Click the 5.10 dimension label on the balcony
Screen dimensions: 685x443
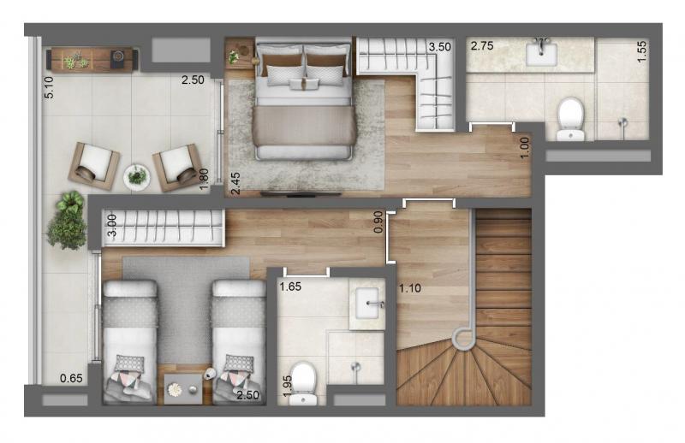[x=49, y=87]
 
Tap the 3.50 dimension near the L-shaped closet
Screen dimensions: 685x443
[x=439, y=47]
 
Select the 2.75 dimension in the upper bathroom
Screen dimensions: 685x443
[x=482, y=46]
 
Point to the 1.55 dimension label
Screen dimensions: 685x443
[x=641, y=51]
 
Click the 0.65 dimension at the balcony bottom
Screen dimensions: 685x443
[x=71, y=378]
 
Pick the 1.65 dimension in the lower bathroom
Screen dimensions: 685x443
[x=290, y=286]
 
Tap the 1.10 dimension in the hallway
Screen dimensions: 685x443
[x=410, y=288]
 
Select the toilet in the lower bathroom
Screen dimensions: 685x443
[x=303, y=383]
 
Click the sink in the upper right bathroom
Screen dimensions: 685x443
[x=541, y=53]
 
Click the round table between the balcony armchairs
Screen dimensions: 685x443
[x=137, y=177]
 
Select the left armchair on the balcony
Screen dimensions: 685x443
[x=93, y=165]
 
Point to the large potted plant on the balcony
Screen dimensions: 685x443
[x=68, y=221]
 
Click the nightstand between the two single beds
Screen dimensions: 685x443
[x=183, y=389]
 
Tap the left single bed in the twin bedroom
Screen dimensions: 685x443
[x=129, y=342]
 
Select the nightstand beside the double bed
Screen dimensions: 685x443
[x=239, y=53]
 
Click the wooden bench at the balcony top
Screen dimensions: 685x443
[x=92, y=59]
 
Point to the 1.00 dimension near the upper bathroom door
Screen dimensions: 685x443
[x=525, y=147]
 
